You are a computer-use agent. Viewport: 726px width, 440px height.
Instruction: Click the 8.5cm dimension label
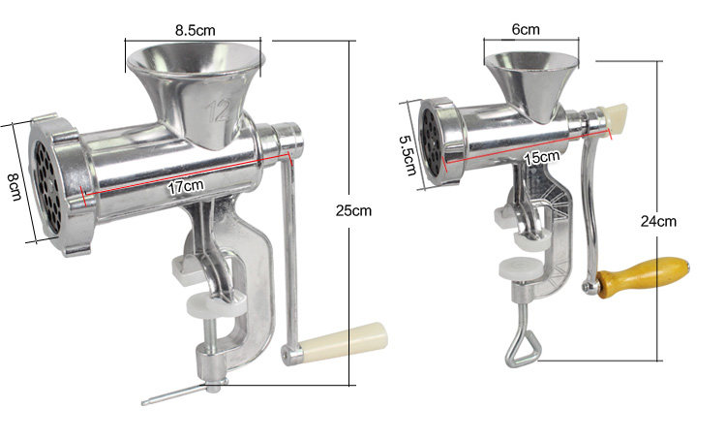pos(195,31)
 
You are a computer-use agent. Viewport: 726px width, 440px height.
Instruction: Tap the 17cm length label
pos(185,186)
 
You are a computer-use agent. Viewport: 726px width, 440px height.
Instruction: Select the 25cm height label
pos(353,210)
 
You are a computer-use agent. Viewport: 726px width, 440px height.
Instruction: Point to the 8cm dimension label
pos(15,186)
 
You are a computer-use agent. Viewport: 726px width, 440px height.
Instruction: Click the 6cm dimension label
pos(526,29)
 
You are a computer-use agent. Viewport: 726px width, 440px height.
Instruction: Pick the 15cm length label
pos(541,157)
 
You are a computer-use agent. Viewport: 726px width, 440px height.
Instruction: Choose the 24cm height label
pos(658,221)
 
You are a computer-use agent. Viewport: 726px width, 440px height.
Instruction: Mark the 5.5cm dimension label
pos(408,155)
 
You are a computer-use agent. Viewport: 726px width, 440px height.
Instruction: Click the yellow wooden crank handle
pos(644,276)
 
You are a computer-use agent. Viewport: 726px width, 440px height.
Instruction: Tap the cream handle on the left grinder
pos(343,342)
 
